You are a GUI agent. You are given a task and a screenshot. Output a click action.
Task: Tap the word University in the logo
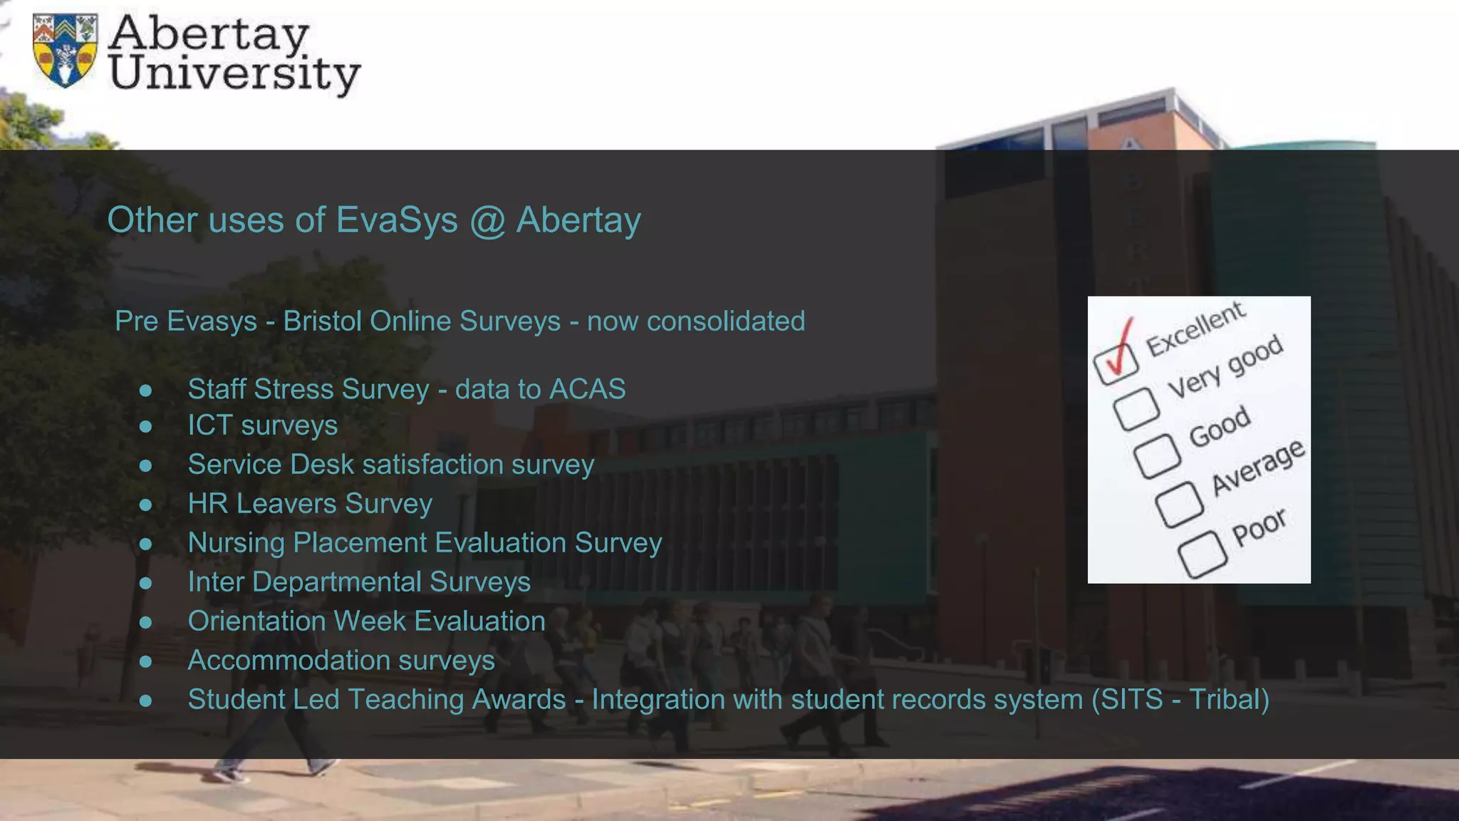click(235, 74)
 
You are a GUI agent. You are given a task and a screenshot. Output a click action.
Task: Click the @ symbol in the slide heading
click(487, 220)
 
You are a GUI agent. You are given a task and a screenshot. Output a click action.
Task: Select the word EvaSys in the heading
click(397, 220)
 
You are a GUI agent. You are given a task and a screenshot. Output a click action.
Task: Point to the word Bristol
click(322, 321)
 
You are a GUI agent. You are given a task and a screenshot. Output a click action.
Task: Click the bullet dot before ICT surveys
click(146, 426)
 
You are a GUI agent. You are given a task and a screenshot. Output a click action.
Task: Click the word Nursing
click(237, 543)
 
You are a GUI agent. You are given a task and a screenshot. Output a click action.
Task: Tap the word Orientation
click(257, 621)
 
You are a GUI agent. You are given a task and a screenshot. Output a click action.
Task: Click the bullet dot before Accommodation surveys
click(146, 661)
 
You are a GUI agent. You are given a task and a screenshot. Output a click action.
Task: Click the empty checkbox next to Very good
click(1136, 408)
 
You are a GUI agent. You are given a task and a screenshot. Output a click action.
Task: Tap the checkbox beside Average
click(1179, 504)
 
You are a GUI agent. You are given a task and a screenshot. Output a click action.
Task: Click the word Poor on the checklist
click(1260, 527)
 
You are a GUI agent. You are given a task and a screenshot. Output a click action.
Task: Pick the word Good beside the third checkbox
click(1220, 426)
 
